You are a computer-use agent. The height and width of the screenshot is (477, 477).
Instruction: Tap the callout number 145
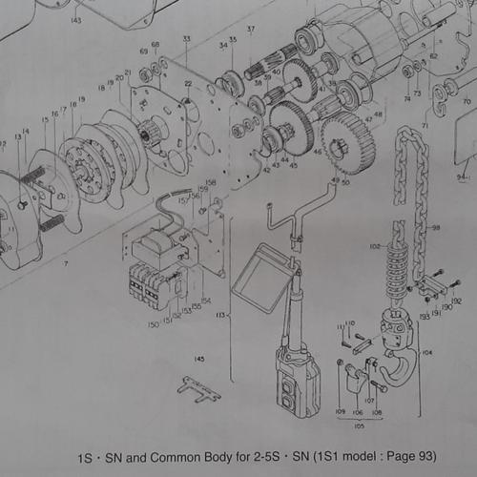coord(199,359)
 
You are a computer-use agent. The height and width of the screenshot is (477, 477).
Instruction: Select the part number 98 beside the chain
coord(436,228)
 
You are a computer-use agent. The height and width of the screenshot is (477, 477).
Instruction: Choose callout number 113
coord(220,313)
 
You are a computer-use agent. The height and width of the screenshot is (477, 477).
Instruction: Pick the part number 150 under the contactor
coord(154,324)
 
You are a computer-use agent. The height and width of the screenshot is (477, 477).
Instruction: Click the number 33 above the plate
coord(186,38)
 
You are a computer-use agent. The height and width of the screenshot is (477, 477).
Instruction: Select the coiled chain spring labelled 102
coord(393,267)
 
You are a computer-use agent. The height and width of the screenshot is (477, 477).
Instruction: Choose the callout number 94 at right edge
coord(462,176)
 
